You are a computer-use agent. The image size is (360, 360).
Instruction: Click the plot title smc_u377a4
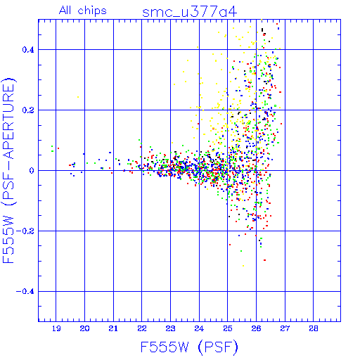189,12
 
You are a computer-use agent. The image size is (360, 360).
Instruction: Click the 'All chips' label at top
83,11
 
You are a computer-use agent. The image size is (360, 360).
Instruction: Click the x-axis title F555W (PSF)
189,347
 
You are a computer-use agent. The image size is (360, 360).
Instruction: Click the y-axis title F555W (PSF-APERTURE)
8,171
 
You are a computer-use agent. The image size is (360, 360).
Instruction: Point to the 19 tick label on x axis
56,328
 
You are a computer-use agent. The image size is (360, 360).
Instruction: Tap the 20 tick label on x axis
84,328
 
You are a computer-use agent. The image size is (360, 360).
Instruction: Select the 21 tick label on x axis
113,328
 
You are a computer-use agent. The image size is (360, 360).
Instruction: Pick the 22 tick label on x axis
142,328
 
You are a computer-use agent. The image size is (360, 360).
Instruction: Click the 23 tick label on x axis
170,328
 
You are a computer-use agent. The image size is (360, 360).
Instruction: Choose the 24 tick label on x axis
199,328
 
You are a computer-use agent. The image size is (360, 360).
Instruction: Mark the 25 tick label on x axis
228,328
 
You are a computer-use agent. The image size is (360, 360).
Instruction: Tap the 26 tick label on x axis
256,328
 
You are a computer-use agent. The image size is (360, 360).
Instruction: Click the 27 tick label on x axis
285,328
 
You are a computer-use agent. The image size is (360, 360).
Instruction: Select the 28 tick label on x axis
314,328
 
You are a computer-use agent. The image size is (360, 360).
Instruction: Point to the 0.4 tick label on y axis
28,50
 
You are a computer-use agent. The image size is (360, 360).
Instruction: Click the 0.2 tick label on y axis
28,110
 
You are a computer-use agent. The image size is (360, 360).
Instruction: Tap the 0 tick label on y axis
32,171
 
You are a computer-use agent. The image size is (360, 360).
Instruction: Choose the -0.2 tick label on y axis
25,231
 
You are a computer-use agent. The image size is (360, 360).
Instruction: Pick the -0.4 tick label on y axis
25,292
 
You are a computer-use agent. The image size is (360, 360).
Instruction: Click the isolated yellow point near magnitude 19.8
78,97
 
